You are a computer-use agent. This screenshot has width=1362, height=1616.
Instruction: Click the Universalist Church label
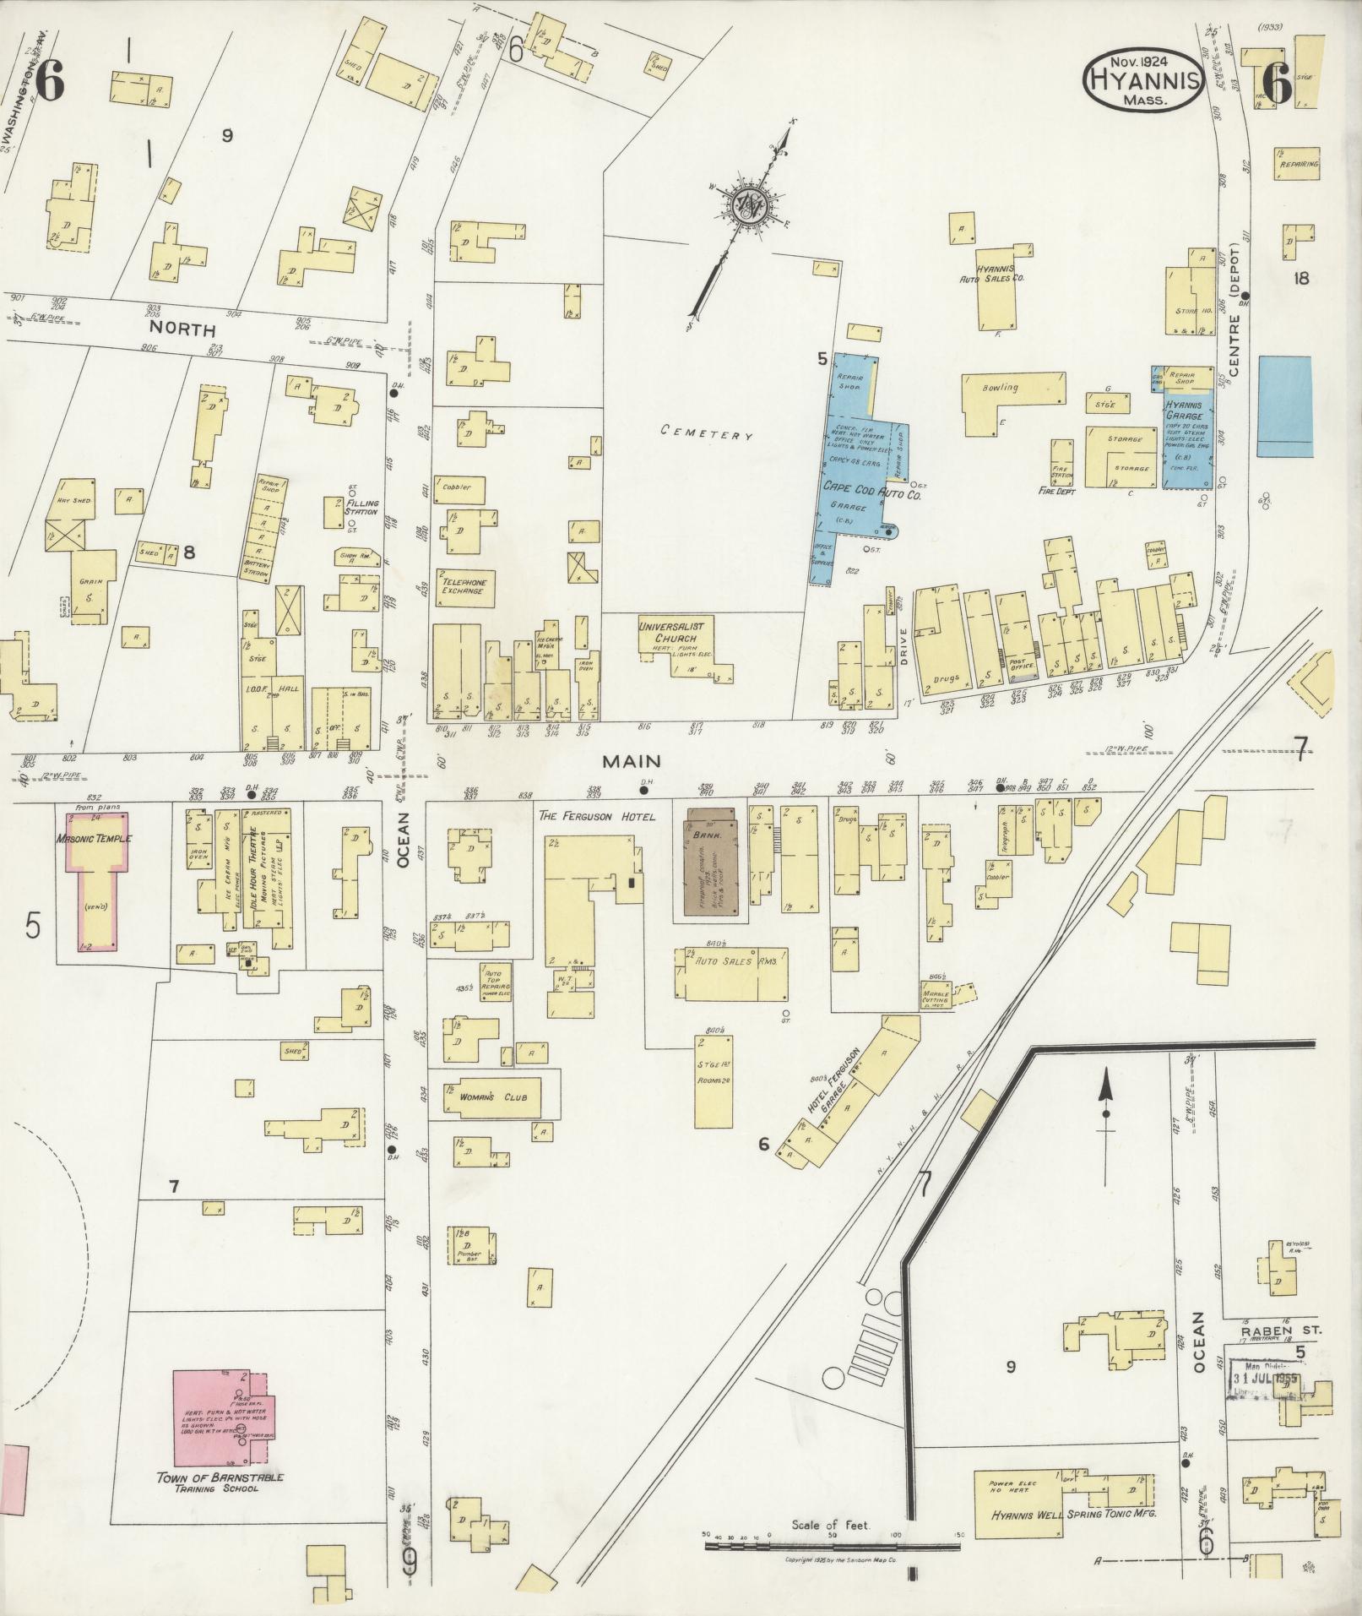tap(676, 631)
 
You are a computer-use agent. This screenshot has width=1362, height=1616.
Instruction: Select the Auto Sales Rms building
tap(731, 973)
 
